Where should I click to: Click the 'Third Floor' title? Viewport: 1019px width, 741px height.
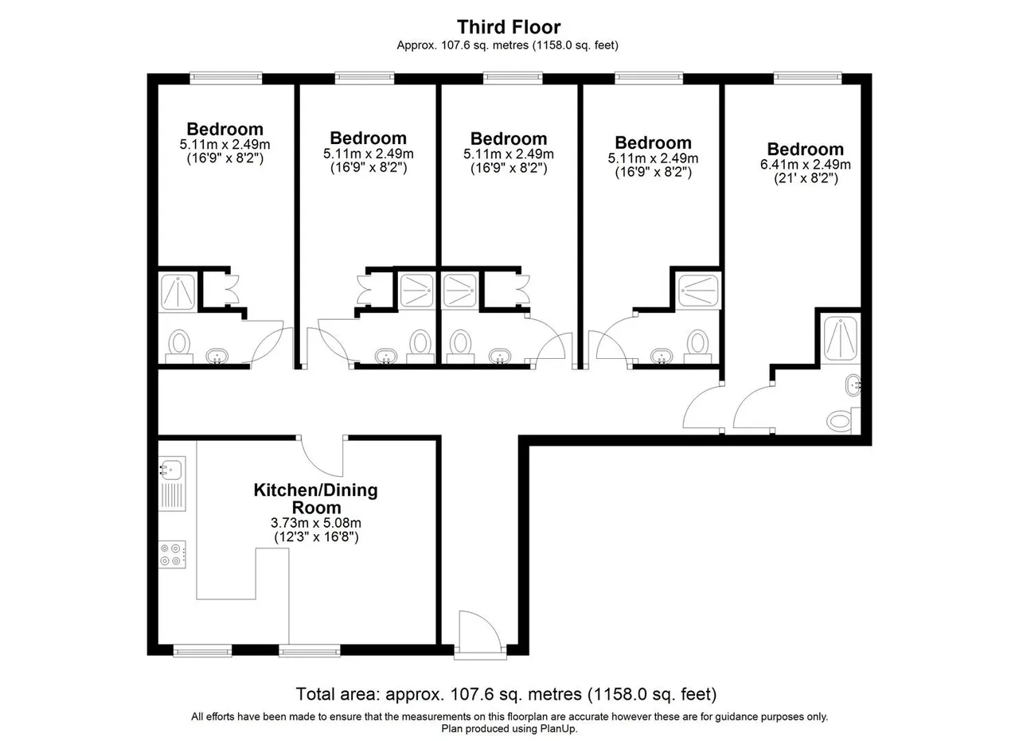[x=509, y=27]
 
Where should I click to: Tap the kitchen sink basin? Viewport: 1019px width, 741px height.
[x=171, y=468]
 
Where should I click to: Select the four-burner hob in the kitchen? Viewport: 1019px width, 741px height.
[x=172, y=555]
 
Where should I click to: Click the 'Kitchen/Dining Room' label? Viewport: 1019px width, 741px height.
[x=316, y=498]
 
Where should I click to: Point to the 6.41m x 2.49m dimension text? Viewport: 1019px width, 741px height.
[x=805, y=164]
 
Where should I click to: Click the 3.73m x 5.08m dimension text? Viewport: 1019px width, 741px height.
[x=316, y=523]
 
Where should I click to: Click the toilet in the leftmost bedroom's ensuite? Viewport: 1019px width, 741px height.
[x=179, y=345]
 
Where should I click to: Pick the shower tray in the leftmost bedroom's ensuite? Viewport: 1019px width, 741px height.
[x=178, y=291]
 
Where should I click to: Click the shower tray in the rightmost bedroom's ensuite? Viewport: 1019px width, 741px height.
[x=840, y=338]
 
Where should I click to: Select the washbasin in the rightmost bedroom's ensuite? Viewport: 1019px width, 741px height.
[x=853, y=386]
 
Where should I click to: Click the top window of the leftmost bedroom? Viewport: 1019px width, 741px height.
[x=225, y=77]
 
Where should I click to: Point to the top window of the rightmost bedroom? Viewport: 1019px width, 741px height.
[x=807, y=77]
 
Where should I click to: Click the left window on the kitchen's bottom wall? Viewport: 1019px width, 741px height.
[x=202, y=651]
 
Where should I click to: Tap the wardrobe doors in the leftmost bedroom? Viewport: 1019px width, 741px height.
[x=231, y=289]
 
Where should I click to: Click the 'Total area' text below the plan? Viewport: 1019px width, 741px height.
[x=337, y=694]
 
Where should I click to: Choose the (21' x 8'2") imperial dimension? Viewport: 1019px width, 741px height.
[x=806, y=177]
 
